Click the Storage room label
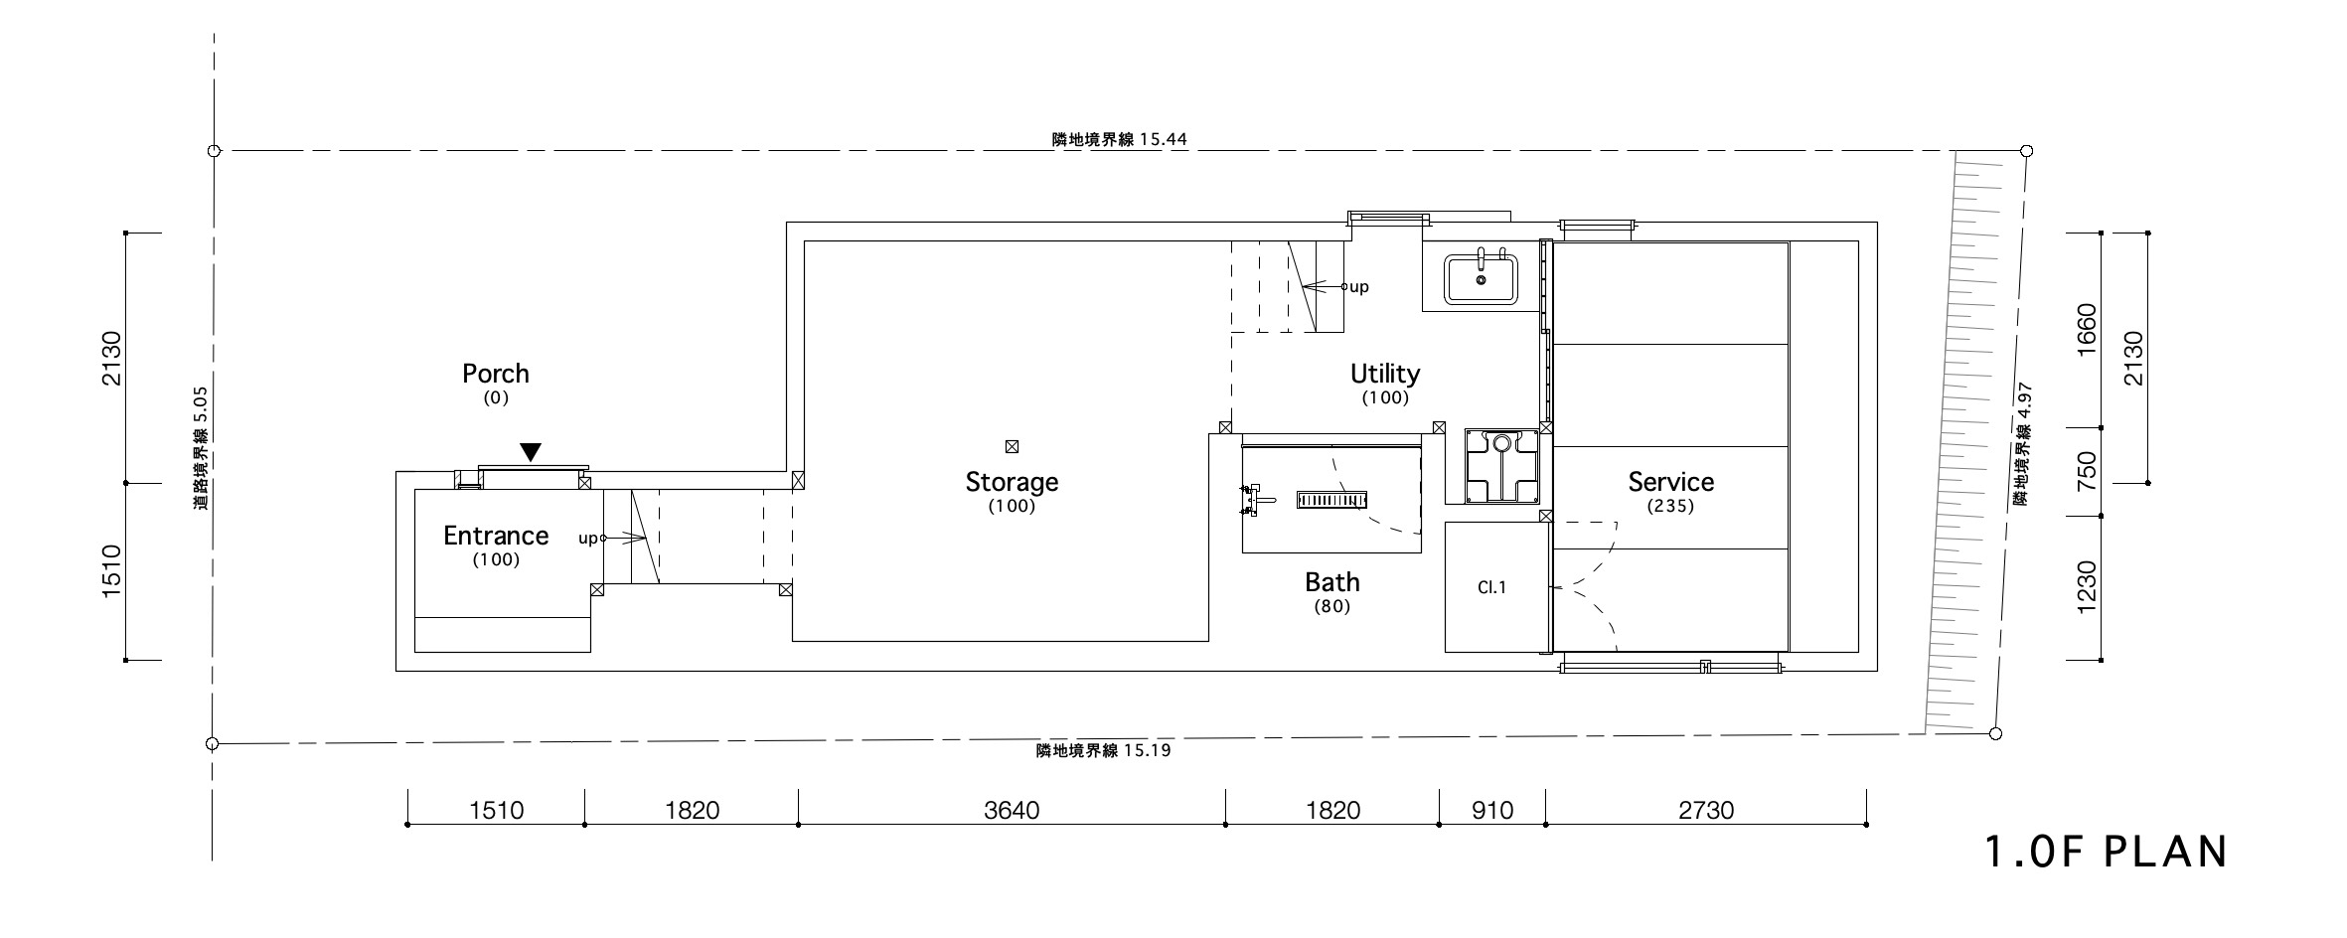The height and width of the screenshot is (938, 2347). [x=1012, y=482]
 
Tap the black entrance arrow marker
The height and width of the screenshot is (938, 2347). [x=532, y=452]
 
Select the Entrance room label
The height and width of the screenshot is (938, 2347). [x=496, y=536]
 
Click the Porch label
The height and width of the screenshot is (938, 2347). [x=496, y=374]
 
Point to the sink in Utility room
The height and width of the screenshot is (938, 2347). [x=1481, y=278]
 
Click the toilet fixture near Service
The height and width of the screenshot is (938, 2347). [x=1501, y=465]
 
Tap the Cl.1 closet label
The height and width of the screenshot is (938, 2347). [x=1491, y=587]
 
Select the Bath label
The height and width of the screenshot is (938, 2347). [x=1332, y=582]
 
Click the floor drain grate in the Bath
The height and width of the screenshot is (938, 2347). [x=1332, y=499]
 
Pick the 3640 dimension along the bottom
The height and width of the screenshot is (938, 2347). [x=1012, y=811]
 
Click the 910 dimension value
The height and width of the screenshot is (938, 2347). [x=1492, y=811]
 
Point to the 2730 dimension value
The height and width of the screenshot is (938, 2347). [x=1706, y=811]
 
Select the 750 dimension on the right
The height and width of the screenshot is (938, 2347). [x=2087, y=471]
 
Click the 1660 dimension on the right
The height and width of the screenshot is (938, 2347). [x=2087, y=330]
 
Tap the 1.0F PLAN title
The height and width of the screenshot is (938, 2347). [x=2106, y=853]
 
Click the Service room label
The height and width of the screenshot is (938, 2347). [x=1670, y=482]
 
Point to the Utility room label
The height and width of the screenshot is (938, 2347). [x=1385, y=374]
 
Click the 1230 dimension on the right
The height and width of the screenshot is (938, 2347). [x=2087, y=587]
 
